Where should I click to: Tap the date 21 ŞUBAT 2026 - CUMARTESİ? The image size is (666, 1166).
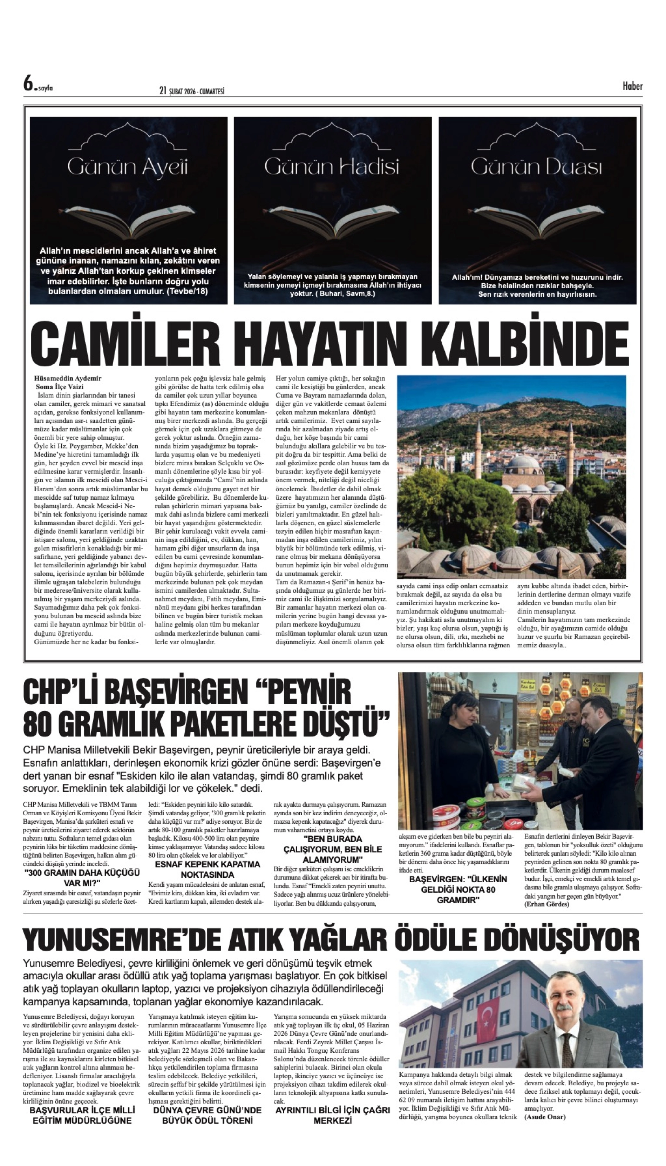tap(192, 91)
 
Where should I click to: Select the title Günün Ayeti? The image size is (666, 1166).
tap(128, 168)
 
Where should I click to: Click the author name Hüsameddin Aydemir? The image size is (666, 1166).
tap(68, 378)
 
